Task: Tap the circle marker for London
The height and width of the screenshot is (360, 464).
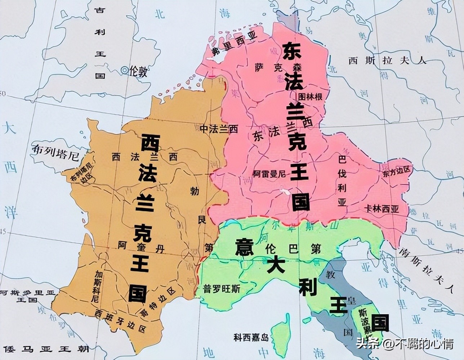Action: (125, 71)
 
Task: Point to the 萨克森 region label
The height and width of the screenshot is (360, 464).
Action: (278, 67)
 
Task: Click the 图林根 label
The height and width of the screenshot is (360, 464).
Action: (311, 97)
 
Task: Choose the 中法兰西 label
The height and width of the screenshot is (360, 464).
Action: (219, 129)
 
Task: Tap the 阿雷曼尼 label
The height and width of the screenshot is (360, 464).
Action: (269, 174)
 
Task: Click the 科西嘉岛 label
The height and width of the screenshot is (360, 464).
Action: (251, 337)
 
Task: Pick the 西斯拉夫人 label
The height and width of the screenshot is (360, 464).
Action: (388, 60)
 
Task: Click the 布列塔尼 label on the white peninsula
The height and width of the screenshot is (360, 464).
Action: (55, 152)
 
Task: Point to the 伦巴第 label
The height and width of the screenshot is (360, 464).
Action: (293, 249)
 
